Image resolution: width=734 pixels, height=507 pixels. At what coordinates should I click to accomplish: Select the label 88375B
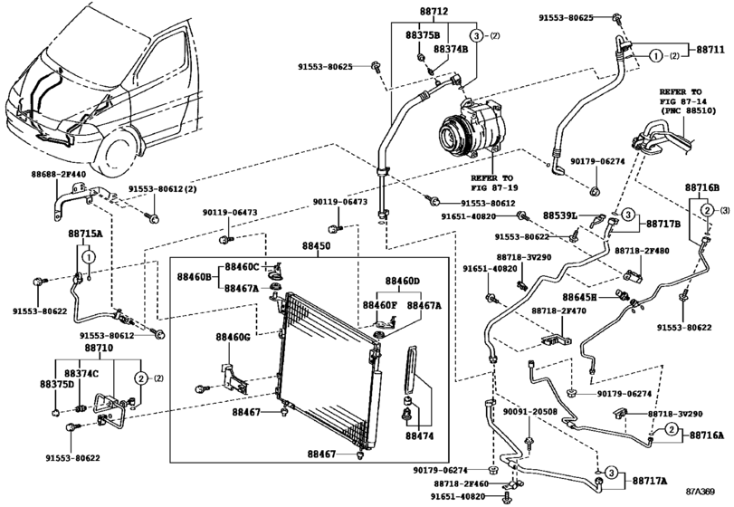tap(423, 34)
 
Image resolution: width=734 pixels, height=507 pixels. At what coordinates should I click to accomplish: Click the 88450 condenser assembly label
tap(316, 245)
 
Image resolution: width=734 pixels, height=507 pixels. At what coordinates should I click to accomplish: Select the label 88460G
tap(232, 337)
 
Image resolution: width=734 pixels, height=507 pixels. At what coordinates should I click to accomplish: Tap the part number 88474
tap(419, 435)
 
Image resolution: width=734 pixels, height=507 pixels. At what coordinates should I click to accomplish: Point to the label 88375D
tap(57, 384)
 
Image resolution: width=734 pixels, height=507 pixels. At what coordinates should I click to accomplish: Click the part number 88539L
tap(560, 216)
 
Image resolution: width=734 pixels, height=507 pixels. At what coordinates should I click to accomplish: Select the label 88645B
tap(579, 296)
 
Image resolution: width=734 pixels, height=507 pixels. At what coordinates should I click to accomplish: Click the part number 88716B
tap(701, 187)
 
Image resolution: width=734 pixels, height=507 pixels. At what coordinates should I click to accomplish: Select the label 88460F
tap(381, 305)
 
